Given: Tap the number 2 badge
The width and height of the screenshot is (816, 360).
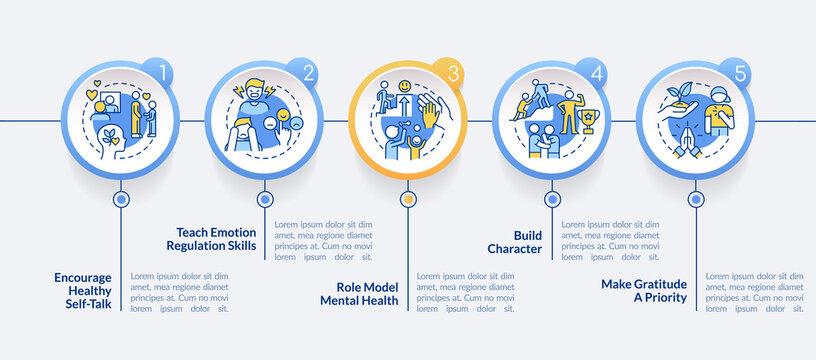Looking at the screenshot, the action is [308, 72].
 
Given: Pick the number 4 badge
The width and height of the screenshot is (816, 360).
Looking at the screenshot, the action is [596, 72].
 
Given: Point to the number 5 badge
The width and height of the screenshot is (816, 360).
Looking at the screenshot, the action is [739, 72].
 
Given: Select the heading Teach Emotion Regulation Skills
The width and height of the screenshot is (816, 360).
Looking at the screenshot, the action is [212, 238].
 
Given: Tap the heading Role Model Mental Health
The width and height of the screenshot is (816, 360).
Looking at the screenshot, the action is [360, 293].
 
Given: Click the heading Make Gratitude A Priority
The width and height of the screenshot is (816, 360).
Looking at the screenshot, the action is [645, 291].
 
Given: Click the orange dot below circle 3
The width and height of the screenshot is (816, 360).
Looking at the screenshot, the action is [408, 199].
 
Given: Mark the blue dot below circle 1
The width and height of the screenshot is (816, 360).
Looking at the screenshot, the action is [121, 199].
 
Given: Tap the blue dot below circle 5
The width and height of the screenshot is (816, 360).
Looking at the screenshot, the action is [695, 199].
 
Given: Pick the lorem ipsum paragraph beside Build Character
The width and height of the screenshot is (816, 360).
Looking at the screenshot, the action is [609, 240].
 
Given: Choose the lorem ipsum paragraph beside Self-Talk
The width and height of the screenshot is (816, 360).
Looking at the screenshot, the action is [180, 292].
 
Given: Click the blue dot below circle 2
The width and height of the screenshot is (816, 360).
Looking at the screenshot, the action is [265, 199].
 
